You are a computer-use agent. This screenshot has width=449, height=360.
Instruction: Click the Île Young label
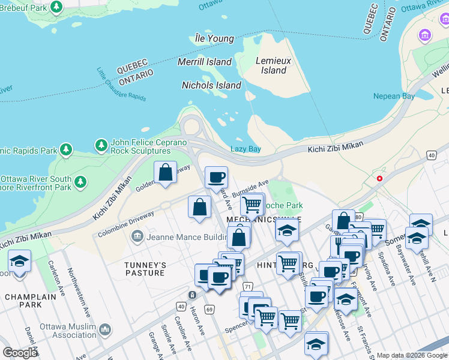pos(214,38)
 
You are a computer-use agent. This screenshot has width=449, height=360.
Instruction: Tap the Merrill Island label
pos(205,62)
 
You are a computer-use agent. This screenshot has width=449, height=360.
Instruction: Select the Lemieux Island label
pos(274,65)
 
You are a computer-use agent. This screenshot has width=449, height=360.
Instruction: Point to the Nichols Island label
pos(211,85)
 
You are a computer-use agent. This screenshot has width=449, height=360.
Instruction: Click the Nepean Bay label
pos(394,96)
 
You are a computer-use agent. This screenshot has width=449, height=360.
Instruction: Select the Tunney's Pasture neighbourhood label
pos(144,269)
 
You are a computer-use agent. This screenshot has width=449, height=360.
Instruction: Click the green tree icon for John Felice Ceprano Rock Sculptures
pos(101,145)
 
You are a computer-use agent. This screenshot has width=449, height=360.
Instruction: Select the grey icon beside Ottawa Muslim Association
pos(105,329)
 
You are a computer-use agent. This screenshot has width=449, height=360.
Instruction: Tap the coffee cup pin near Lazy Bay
pos(216,178)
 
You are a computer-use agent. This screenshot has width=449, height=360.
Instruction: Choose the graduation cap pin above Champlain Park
pos(19,262)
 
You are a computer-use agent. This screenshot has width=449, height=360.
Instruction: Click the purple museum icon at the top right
pos(426,35)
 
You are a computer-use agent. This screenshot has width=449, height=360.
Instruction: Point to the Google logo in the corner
pos(20,353)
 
